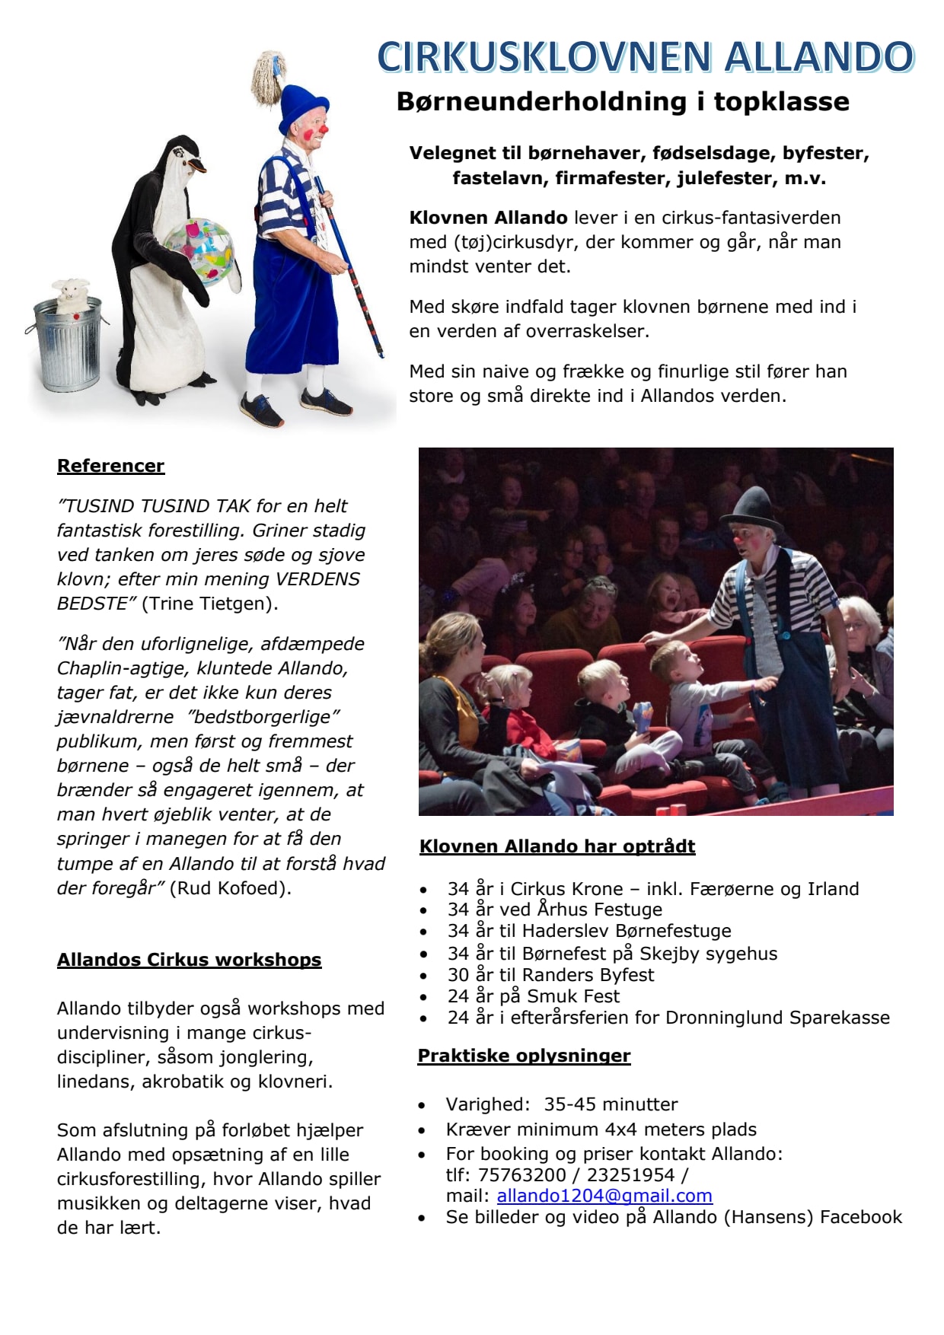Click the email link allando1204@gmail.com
pyautogui.click(x=604, y=1196)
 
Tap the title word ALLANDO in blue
pyautogui.click(x=819, y=58)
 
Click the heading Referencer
pyautogui.click(x=111, y=466)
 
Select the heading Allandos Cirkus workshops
pyautogui.click(x=189, y=960)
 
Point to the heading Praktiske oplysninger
pyautogui.click(x=524, y=1056)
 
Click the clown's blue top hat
pyautogui.click(x=302, y=107)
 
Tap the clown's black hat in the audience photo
pyautogui.click(x=751, y=508)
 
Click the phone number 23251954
pyautogui.click(x=630, y=1175)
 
